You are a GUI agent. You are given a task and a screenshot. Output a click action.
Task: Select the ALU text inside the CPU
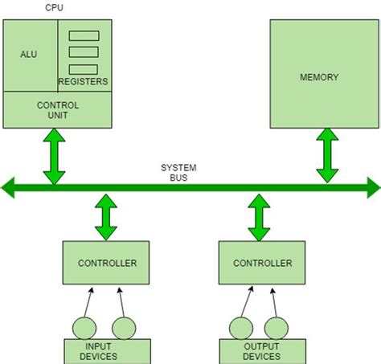[29, 55]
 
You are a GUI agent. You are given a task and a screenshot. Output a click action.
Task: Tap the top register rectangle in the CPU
[84, 36]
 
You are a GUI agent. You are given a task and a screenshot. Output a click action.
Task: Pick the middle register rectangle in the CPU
[84, 52]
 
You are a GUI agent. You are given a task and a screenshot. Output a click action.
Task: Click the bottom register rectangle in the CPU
[84, 68]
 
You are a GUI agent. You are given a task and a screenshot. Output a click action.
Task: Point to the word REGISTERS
[84, 82]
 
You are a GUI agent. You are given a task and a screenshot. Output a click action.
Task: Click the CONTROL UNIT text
[57, 110]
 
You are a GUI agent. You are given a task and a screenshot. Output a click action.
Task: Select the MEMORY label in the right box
[319, 78]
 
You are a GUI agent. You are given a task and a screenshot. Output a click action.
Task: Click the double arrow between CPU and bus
[54, 157]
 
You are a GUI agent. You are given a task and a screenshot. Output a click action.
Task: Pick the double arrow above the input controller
[105, 217]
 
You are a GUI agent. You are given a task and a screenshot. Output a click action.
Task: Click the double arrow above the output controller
[259, 217]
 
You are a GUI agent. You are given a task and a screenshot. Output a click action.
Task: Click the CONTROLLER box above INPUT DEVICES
[107, 263]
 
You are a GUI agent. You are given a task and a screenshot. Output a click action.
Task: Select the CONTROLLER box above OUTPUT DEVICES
[263, 263]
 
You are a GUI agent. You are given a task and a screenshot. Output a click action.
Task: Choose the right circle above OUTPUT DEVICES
[277, 328]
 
